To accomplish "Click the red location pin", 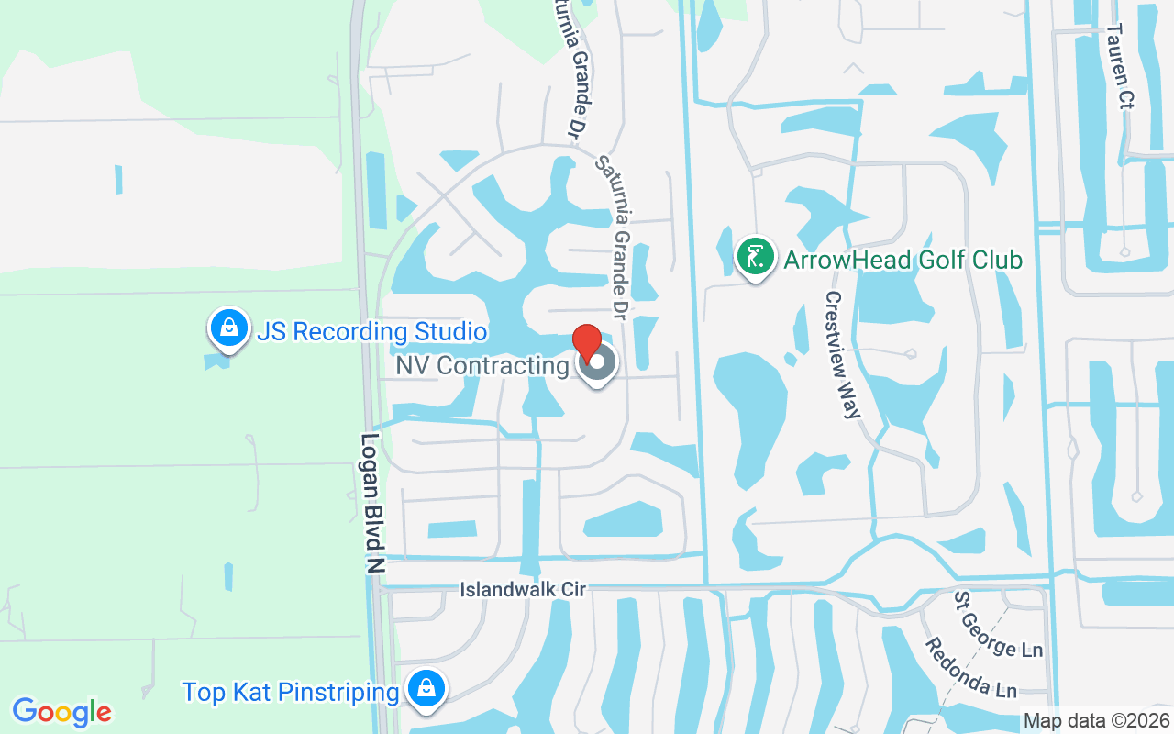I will [x=587, y=343].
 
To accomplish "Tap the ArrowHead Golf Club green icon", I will [x=753, y=257].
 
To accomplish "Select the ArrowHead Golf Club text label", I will [x=903, y=260].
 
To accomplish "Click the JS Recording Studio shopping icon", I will [x=228, y=328].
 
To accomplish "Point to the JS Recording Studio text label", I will [x=371, y=331].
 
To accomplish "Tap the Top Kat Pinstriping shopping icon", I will [x=426, y=688].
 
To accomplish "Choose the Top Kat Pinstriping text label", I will [x=290, y=692].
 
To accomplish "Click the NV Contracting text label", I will [x=482, y=365].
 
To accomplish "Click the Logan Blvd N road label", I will [x=372, y=505].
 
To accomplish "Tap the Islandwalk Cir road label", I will [x=523, y=589].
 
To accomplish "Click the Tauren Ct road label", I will [x=1120, y=65].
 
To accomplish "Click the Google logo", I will [x=62, y=711].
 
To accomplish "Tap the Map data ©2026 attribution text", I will [x=1096, y=720].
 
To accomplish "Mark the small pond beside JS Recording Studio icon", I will [x=216, y=361].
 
